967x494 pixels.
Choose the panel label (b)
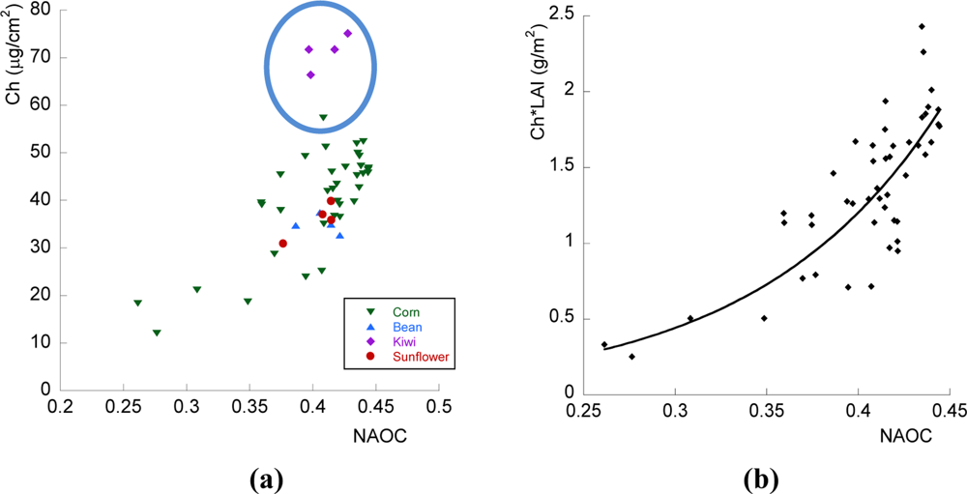tap(761, 477)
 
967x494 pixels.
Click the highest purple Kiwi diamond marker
tap(348, 33)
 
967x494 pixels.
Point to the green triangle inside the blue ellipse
tap(324, 118)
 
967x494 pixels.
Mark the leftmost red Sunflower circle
tap(283, 244)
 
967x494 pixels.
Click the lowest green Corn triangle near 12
tap(157, 333)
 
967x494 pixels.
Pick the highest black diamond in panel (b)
tap(922, 27)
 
